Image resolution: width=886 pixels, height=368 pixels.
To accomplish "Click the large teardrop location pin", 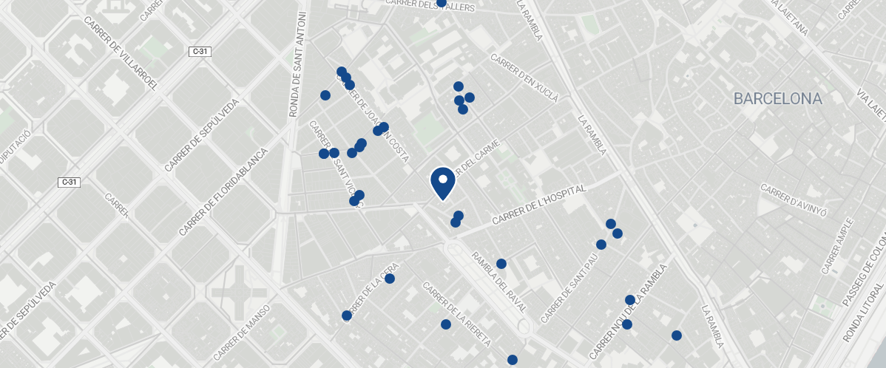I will tap(442, 183).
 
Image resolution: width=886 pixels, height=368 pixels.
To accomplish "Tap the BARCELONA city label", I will tap(777, 98).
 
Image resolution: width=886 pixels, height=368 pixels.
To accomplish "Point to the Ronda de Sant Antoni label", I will tap(297, 64).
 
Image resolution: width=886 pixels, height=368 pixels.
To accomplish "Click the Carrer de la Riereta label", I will tap(456, 315).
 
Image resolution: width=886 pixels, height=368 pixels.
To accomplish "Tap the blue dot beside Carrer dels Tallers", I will tap(442, 3).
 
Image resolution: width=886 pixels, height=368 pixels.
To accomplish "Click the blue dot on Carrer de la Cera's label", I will tap(346, 316).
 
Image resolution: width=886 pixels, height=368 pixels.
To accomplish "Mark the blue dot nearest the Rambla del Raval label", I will tap(501, 264).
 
